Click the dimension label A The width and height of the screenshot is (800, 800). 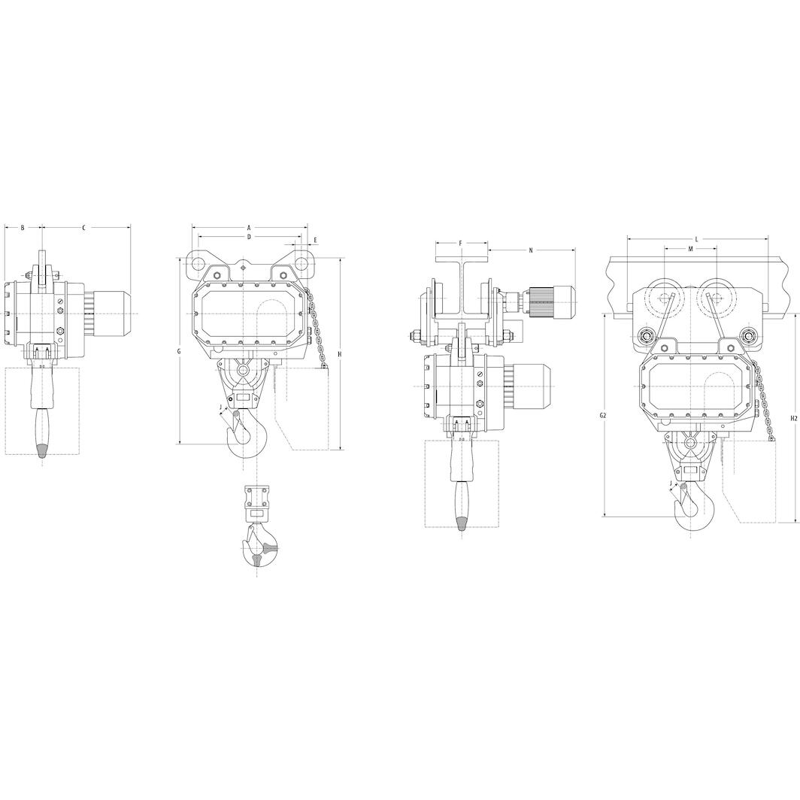(249, 227)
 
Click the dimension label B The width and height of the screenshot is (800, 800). (23, 228)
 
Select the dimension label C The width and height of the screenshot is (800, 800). (83, 228)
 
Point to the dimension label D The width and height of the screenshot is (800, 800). (249, 237)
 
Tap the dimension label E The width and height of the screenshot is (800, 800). (316, 240)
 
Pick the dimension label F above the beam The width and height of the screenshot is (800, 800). (460, 244)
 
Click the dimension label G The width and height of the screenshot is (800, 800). (179, 352)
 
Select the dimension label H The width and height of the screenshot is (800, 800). (339, 354)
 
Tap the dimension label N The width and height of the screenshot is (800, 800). (531, 250)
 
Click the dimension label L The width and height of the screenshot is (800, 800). (697, 239)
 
